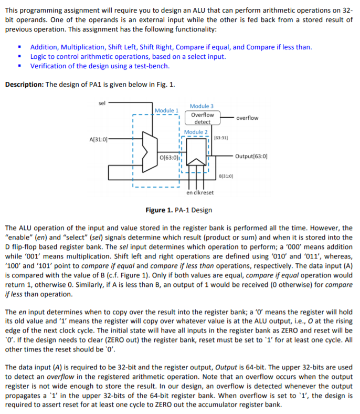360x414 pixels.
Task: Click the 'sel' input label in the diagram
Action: [x=102, y=102]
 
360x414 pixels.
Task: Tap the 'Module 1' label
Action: [x=167, y=110]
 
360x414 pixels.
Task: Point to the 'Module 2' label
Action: [x=196, y=132]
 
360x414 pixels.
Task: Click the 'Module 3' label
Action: [x=202, y=106]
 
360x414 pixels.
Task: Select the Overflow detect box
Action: [x=202, y=118]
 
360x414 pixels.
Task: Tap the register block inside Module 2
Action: [x=197, y=157]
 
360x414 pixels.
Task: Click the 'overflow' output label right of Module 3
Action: [x=247, y=118]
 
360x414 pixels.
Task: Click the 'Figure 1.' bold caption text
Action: [x=158, y=210]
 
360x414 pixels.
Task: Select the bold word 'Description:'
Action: [x=24, y=85]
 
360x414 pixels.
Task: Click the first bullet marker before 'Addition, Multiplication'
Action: [x=19, y=47]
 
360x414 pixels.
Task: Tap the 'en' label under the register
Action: [x=189, y=192]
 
